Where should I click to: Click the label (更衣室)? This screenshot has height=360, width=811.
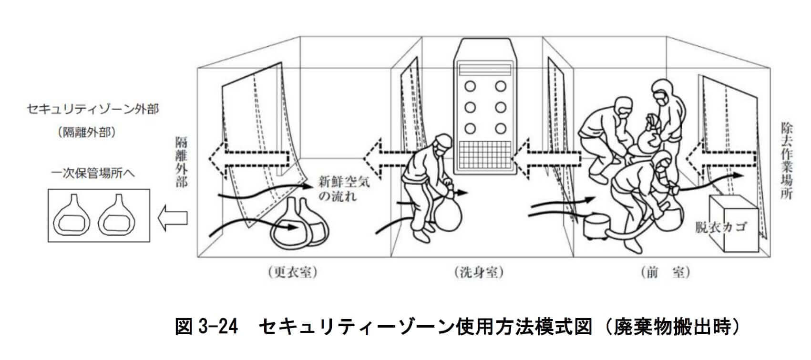(x=292, y=273)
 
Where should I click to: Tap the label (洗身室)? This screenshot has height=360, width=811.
(x=479, y=273)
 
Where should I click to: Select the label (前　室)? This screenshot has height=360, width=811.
(x=665, y=273)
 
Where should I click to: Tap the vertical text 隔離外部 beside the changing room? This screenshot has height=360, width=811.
(x=181, y=162)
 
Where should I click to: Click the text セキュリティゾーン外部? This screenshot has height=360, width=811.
(x=92, y=109)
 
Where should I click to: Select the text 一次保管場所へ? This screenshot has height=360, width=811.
(x=93, y=173)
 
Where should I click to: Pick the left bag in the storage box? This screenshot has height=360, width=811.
(x=75, y=216)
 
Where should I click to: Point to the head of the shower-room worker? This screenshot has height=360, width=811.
(x=443, y=143)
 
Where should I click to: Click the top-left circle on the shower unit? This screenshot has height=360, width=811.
(x=470, y=86)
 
